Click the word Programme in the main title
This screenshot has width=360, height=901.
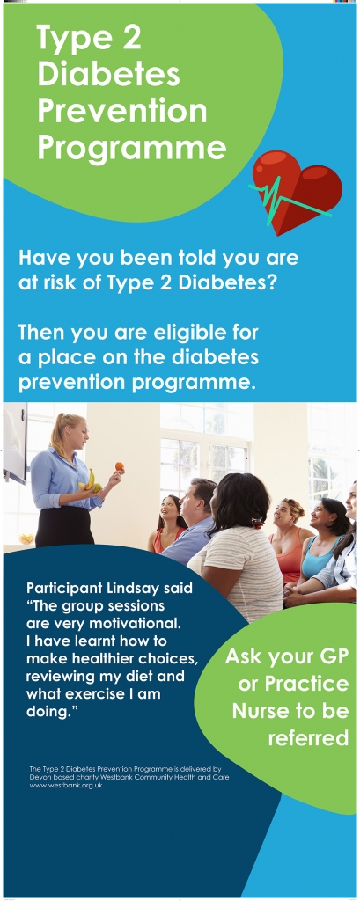click(132, 147)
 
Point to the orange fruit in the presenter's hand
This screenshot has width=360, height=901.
click(119, 466)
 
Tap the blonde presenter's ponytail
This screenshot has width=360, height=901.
click(55, 435)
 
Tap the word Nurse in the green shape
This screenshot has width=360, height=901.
click(261, 711)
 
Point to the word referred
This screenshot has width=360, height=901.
click(308, 738)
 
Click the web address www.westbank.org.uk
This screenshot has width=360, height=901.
click(66, 785)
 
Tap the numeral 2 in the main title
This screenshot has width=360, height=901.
click(129, 39)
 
